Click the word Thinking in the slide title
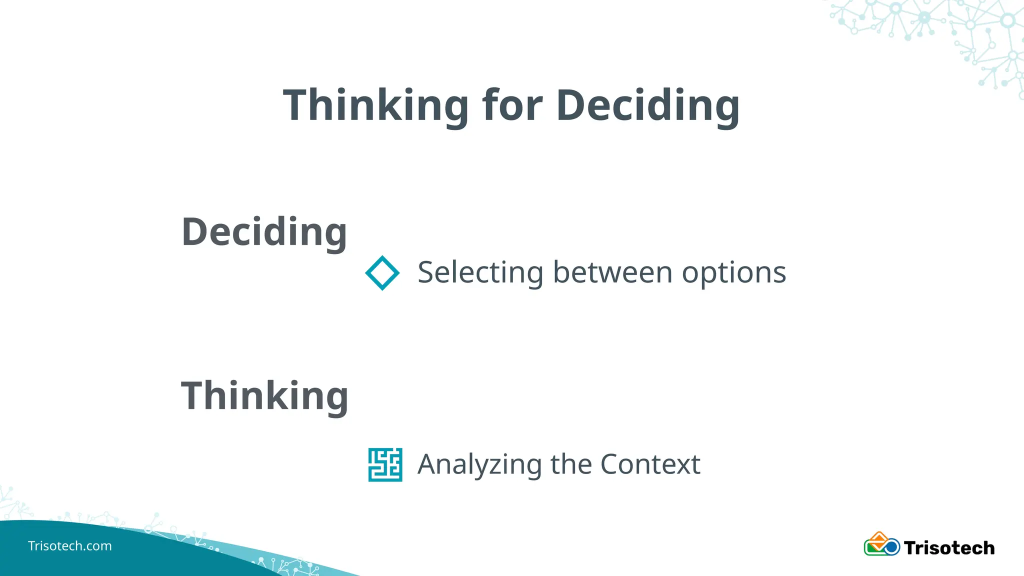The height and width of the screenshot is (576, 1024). pos(375,105)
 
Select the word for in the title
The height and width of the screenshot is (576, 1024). pos(512,105)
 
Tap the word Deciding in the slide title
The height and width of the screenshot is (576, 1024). pos(647,105)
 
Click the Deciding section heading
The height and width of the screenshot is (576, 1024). pos(264,232)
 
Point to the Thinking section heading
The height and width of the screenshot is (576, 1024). pos(264,396)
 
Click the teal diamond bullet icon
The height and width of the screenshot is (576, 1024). pos(382,273)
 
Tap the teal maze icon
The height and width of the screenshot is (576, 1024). pos(385,464)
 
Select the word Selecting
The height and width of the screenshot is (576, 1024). pos(480,273)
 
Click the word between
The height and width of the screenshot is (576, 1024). pos(612,273)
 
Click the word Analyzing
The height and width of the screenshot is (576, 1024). pos(479,464)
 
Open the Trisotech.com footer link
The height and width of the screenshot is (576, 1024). pos(70,546)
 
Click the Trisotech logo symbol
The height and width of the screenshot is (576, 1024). pos(881,544)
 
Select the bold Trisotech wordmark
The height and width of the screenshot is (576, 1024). pos(949,548)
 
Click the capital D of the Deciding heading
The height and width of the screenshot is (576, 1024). pos(196,232)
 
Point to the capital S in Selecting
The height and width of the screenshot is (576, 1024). pos(428,273)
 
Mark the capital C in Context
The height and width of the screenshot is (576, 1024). pos(612,464)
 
